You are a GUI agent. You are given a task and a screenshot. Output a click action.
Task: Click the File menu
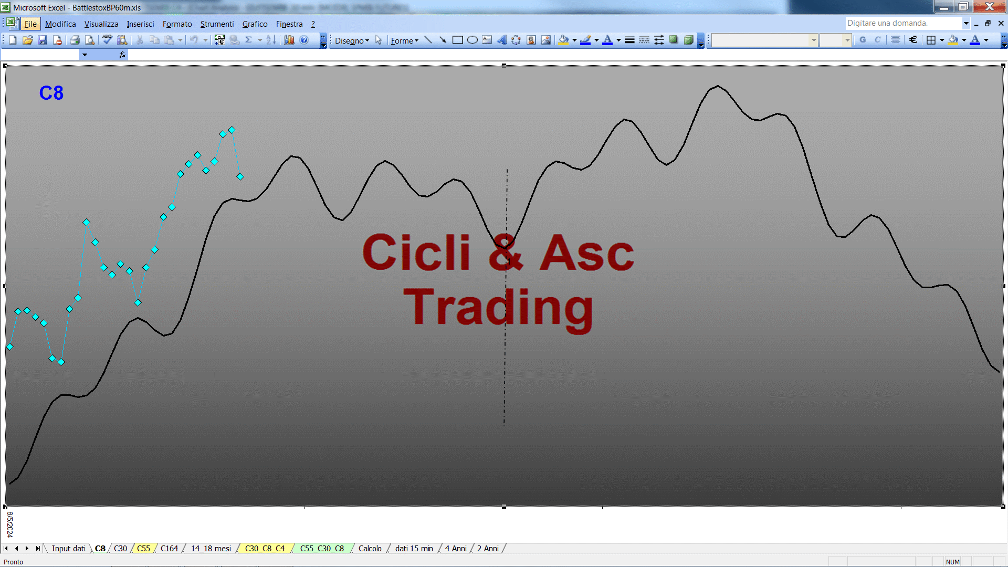pos(30,24)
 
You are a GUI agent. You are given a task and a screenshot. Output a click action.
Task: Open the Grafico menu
pos(255,24)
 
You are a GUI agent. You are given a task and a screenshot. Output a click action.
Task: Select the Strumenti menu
pos(217,24)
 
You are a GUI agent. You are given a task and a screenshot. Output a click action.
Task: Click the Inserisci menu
pos(140,24)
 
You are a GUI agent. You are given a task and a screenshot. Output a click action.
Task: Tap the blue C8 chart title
pos(51,93)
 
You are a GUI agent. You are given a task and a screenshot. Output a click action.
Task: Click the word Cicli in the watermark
pos(416,253)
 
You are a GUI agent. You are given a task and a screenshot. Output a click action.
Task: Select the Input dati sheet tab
pos(68,549)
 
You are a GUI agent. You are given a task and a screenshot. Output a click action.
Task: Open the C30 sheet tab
pos(120,549)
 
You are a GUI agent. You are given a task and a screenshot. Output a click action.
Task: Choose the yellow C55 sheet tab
pos(143,549)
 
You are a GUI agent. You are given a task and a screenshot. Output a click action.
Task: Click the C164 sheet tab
pos(169,549)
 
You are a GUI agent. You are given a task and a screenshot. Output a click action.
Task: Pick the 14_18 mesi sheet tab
pos(211,549)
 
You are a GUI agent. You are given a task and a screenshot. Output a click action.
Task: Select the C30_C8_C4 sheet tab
pos(265,549)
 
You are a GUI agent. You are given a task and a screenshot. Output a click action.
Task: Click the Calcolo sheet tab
pos(370,549)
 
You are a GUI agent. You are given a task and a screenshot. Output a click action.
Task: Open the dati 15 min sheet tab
pos(414,549)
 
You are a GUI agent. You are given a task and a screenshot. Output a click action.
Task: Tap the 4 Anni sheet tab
pos(456,549)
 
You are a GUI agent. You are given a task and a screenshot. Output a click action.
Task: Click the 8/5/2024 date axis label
pos(9,524)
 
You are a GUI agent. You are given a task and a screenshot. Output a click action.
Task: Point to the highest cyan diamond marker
pos(232,130)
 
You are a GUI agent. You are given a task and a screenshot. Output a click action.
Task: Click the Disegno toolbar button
pos(352,40)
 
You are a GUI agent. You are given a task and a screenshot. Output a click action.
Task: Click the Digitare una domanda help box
pos(903,23)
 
